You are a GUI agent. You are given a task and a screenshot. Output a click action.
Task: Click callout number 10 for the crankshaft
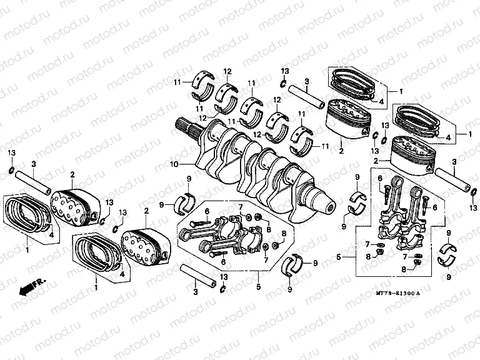tap(176, 164)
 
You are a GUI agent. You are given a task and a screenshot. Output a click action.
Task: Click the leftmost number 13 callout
tap(12, 154)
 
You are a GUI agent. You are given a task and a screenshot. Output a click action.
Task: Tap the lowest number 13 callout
tap(223, 277)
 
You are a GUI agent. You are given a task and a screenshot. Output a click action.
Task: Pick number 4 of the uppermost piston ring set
tap(381, 99)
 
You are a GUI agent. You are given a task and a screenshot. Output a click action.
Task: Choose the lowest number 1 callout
tap(96, 289)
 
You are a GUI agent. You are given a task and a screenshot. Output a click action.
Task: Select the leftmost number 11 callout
tap(177, 82)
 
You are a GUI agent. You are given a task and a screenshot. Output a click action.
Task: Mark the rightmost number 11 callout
tap(326, 146)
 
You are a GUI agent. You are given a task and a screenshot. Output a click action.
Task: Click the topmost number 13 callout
tap(284, 71)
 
